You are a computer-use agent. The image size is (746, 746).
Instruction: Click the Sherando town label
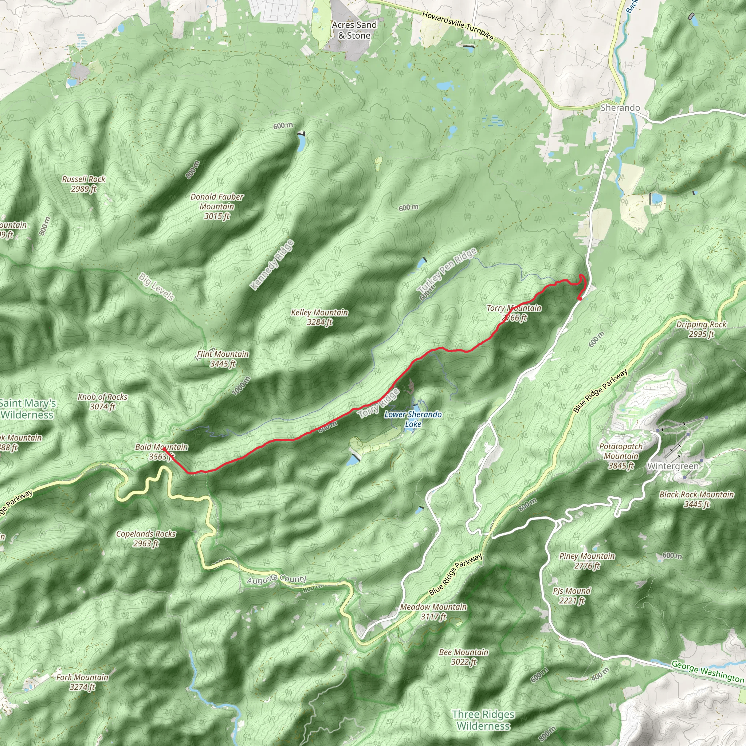(x=620, y=108)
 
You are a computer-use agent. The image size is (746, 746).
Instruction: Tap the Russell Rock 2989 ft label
(x=84, y=184)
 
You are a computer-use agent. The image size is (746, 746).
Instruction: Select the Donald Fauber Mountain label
(x=217, y=206)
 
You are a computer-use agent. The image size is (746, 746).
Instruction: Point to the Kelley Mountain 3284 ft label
(x=319, y=317)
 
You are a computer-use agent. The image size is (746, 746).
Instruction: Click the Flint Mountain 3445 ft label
(x=223, y=359)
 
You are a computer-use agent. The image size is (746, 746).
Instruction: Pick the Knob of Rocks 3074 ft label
(x=102, y=401)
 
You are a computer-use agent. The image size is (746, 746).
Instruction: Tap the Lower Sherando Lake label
(x=413, y=419)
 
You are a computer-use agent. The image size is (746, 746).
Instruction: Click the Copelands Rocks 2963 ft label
(x=146, y=538)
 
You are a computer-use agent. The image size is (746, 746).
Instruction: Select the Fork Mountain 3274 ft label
(x=82, y=682)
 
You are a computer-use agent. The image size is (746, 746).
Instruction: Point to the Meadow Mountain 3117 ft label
(x=433, y=612)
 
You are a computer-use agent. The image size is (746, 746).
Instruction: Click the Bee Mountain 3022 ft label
(x=464, y=657)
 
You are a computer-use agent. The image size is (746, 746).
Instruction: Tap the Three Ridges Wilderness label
(x=483, y=720)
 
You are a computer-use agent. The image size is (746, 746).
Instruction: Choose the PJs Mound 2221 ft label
(x=572, y=596)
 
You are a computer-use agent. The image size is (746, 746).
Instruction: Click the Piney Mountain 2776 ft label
(x=587, y=561)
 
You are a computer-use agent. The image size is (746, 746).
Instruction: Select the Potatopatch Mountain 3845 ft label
(x=621, y=456)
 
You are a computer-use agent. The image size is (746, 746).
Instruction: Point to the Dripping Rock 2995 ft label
(x=701, y=329)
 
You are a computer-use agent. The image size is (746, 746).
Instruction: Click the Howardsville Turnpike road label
(x=458, y=26)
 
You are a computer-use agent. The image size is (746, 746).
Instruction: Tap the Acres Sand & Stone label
(x=354, y=30)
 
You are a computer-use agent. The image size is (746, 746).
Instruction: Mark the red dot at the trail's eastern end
(x=580, y=298)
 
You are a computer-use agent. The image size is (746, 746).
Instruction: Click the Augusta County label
(x=276, y=579)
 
